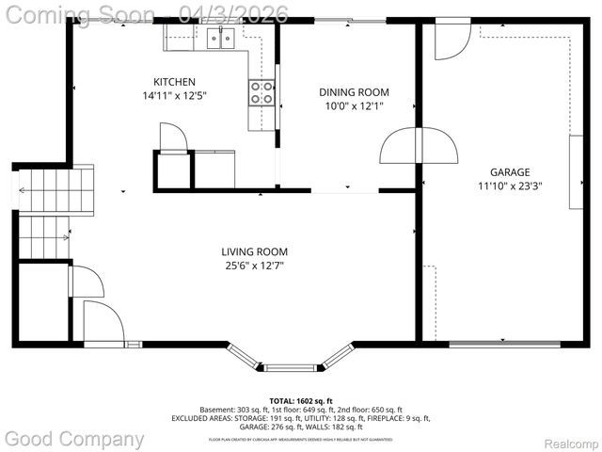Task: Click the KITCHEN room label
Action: tap(175, 81)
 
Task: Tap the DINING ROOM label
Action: tap(354, 91)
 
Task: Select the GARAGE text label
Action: tap(510, 172)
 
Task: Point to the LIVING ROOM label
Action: tap(254, 251)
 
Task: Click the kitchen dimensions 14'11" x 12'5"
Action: tap(175, 95)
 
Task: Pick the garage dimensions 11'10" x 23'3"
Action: tap(510, 186)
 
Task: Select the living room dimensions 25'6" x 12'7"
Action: tap(254, 266)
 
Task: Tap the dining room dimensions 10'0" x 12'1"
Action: tap(354, 105)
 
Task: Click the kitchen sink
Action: tap(219, 38)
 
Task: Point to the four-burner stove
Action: tap(261, 92)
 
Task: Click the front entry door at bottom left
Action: tap(103, 322)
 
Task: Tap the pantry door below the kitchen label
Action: tap(175, 139)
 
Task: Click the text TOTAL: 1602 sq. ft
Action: tap(300, 400)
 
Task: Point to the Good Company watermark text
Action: tap(75, 439)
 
